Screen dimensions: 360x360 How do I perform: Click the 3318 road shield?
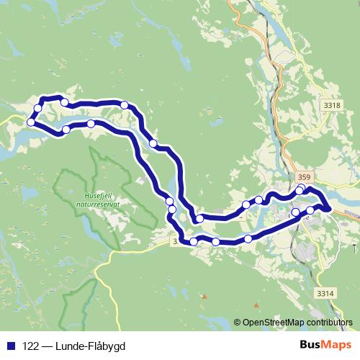coord(332,106)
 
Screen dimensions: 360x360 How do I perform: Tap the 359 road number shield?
coord(305,176)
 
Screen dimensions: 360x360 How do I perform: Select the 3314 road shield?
coord(326,293)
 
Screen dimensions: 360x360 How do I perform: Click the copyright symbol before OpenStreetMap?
coord(238,323)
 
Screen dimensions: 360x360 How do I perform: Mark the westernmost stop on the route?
coord(31,122)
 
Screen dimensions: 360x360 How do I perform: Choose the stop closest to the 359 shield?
coord(300,190)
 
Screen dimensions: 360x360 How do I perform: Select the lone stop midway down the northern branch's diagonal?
coord(153,144)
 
